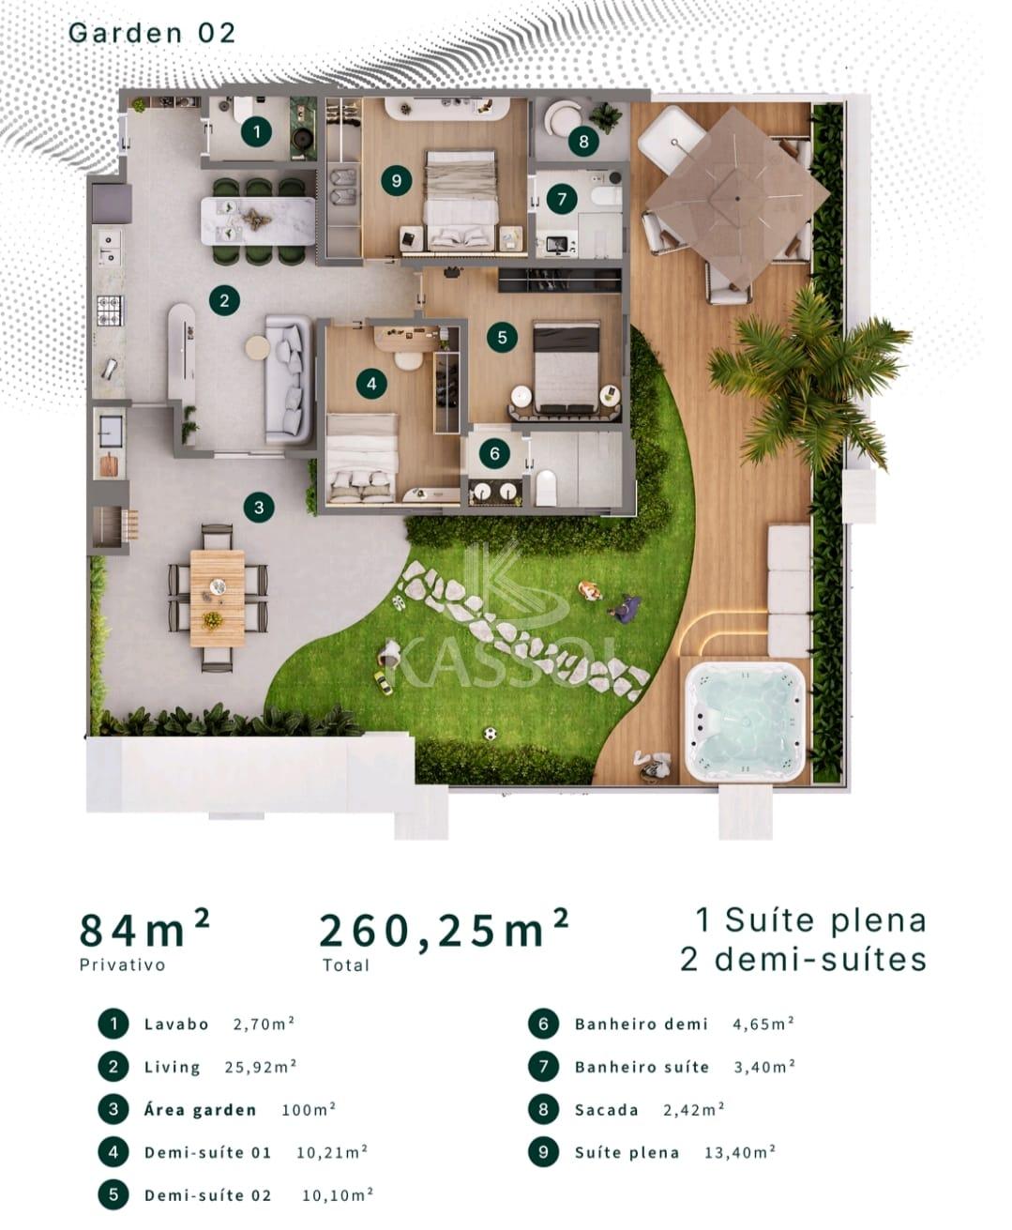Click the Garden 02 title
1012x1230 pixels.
point(152,33)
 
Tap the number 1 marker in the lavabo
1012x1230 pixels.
point(257,132)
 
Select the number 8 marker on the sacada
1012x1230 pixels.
point(583,141)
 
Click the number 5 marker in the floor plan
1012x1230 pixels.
point(502,337)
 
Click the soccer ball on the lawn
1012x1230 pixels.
point(491,734)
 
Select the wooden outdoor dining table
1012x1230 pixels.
point(218,598)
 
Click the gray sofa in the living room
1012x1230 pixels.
point(289,380)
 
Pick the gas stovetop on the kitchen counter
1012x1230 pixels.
point(110,311)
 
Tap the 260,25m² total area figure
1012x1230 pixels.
point(444,930)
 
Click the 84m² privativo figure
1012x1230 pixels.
point(144,930)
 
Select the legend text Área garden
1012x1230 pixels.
point(200,1110)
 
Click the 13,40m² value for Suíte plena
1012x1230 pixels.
point(740,1152)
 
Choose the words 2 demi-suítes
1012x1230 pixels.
point(803,960)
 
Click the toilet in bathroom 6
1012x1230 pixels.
point(546,487)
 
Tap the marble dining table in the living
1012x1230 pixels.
point(258,221)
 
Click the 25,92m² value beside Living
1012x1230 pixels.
point(261,1068)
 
